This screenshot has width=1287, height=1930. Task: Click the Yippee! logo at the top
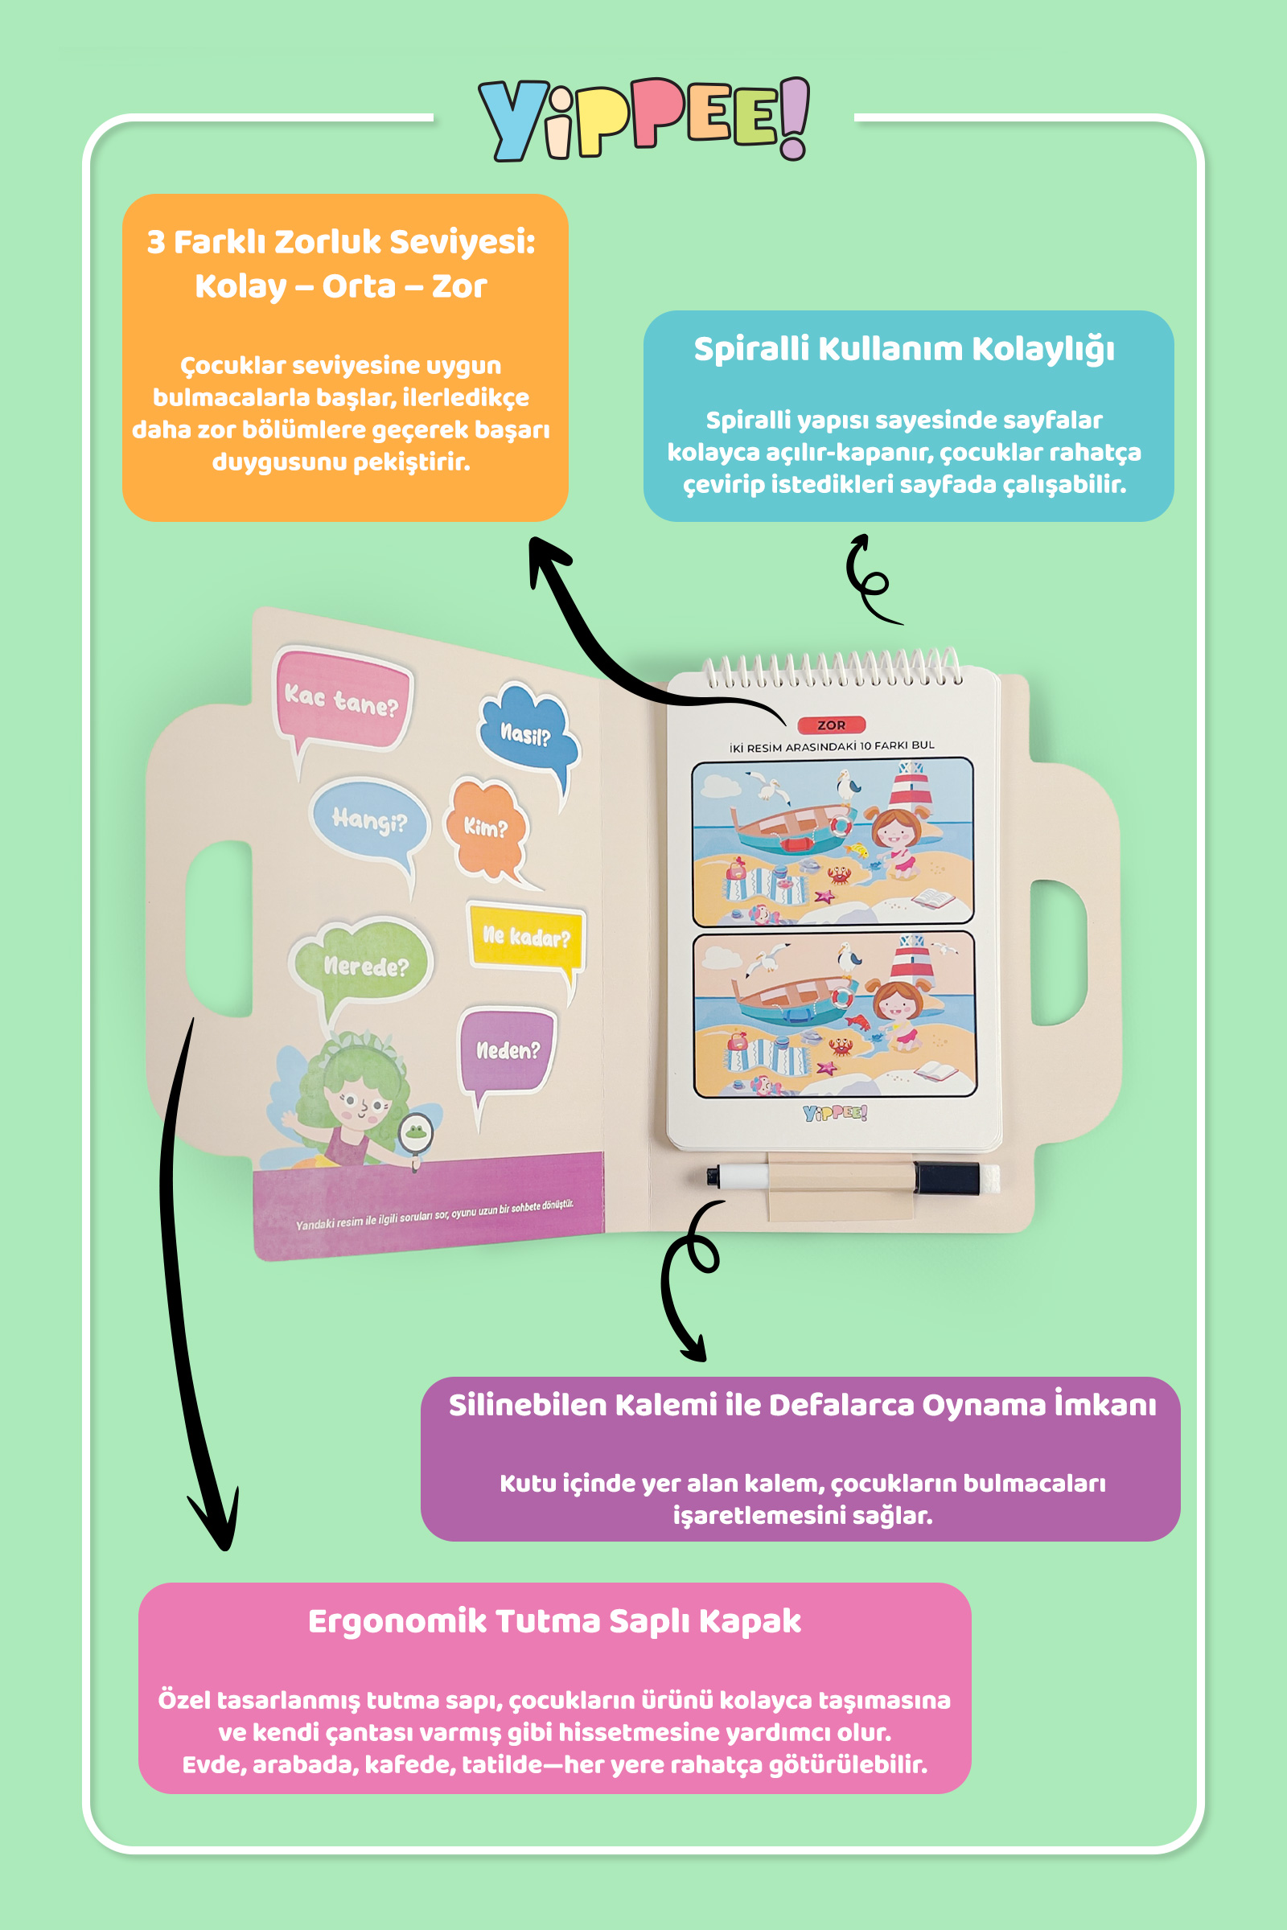pos(643,119)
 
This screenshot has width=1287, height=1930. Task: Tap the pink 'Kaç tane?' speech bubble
pos(341,698)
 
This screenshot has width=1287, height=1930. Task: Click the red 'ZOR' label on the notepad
pos(831,725)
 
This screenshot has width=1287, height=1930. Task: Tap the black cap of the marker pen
pos(947,1178)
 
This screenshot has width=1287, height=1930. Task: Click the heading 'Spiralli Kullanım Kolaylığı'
pos(903,350)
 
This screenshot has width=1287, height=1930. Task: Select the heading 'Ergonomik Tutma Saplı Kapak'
pos(554,1621)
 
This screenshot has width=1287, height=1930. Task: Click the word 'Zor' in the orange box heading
pos(458,286)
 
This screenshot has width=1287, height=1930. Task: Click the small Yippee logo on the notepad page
pos(835,1113)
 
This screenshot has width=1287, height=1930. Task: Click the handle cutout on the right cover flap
pos(1059,952)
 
